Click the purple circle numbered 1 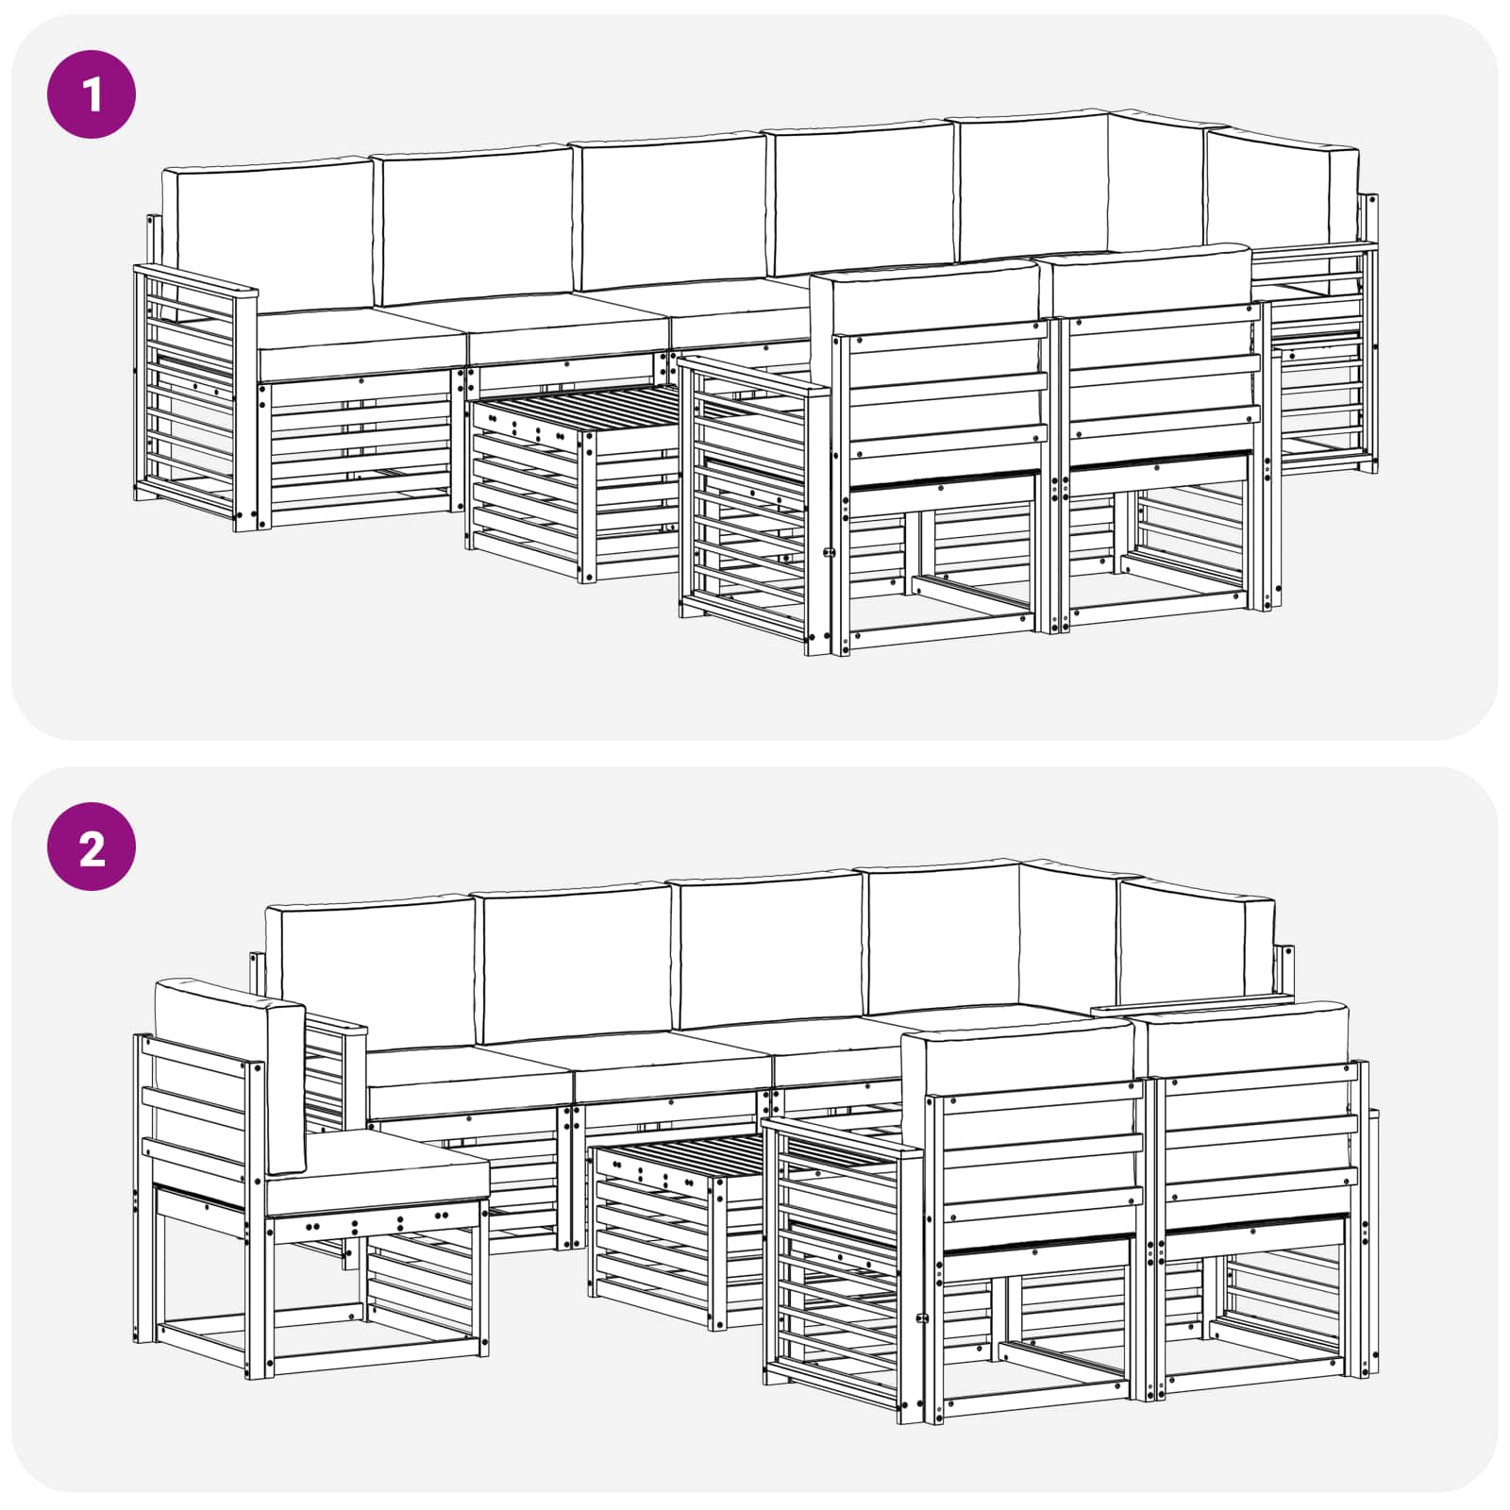92,94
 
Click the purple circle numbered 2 92,847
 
